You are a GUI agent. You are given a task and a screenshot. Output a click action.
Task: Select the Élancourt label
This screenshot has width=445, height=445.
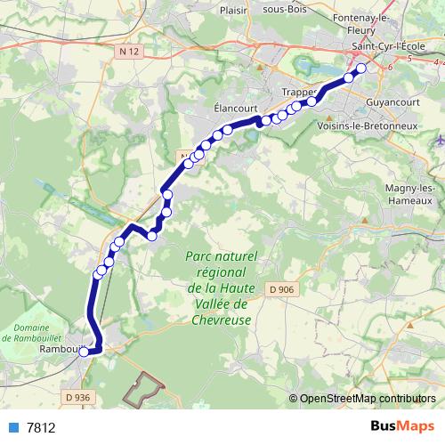[x=235, y=105]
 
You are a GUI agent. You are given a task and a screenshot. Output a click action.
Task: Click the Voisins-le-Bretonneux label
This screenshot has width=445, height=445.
[x=367, y=127]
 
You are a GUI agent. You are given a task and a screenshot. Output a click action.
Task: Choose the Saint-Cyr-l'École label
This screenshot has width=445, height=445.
[x=392, y=46]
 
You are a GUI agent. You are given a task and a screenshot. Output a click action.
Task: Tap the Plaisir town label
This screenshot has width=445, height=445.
[x=231, y=11]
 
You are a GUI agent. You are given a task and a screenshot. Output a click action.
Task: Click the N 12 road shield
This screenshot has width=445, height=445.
[x=130, y=53]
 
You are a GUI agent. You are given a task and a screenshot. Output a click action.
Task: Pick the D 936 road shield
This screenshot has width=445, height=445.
[x=77, y=397]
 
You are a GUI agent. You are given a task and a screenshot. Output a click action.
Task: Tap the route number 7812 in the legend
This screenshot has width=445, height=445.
[x=41, y=427]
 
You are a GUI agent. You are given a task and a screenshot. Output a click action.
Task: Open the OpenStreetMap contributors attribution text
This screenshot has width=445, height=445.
[x=368, y=399]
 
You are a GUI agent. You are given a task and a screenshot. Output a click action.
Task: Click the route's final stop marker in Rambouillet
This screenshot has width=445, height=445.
[x=84, y=352]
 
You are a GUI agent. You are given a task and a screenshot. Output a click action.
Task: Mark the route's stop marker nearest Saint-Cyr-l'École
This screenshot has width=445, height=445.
[x=361, y=69]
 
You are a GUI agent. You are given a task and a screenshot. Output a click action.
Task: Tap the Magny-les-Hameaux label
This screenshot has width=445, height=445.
[x=409, y=195]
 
